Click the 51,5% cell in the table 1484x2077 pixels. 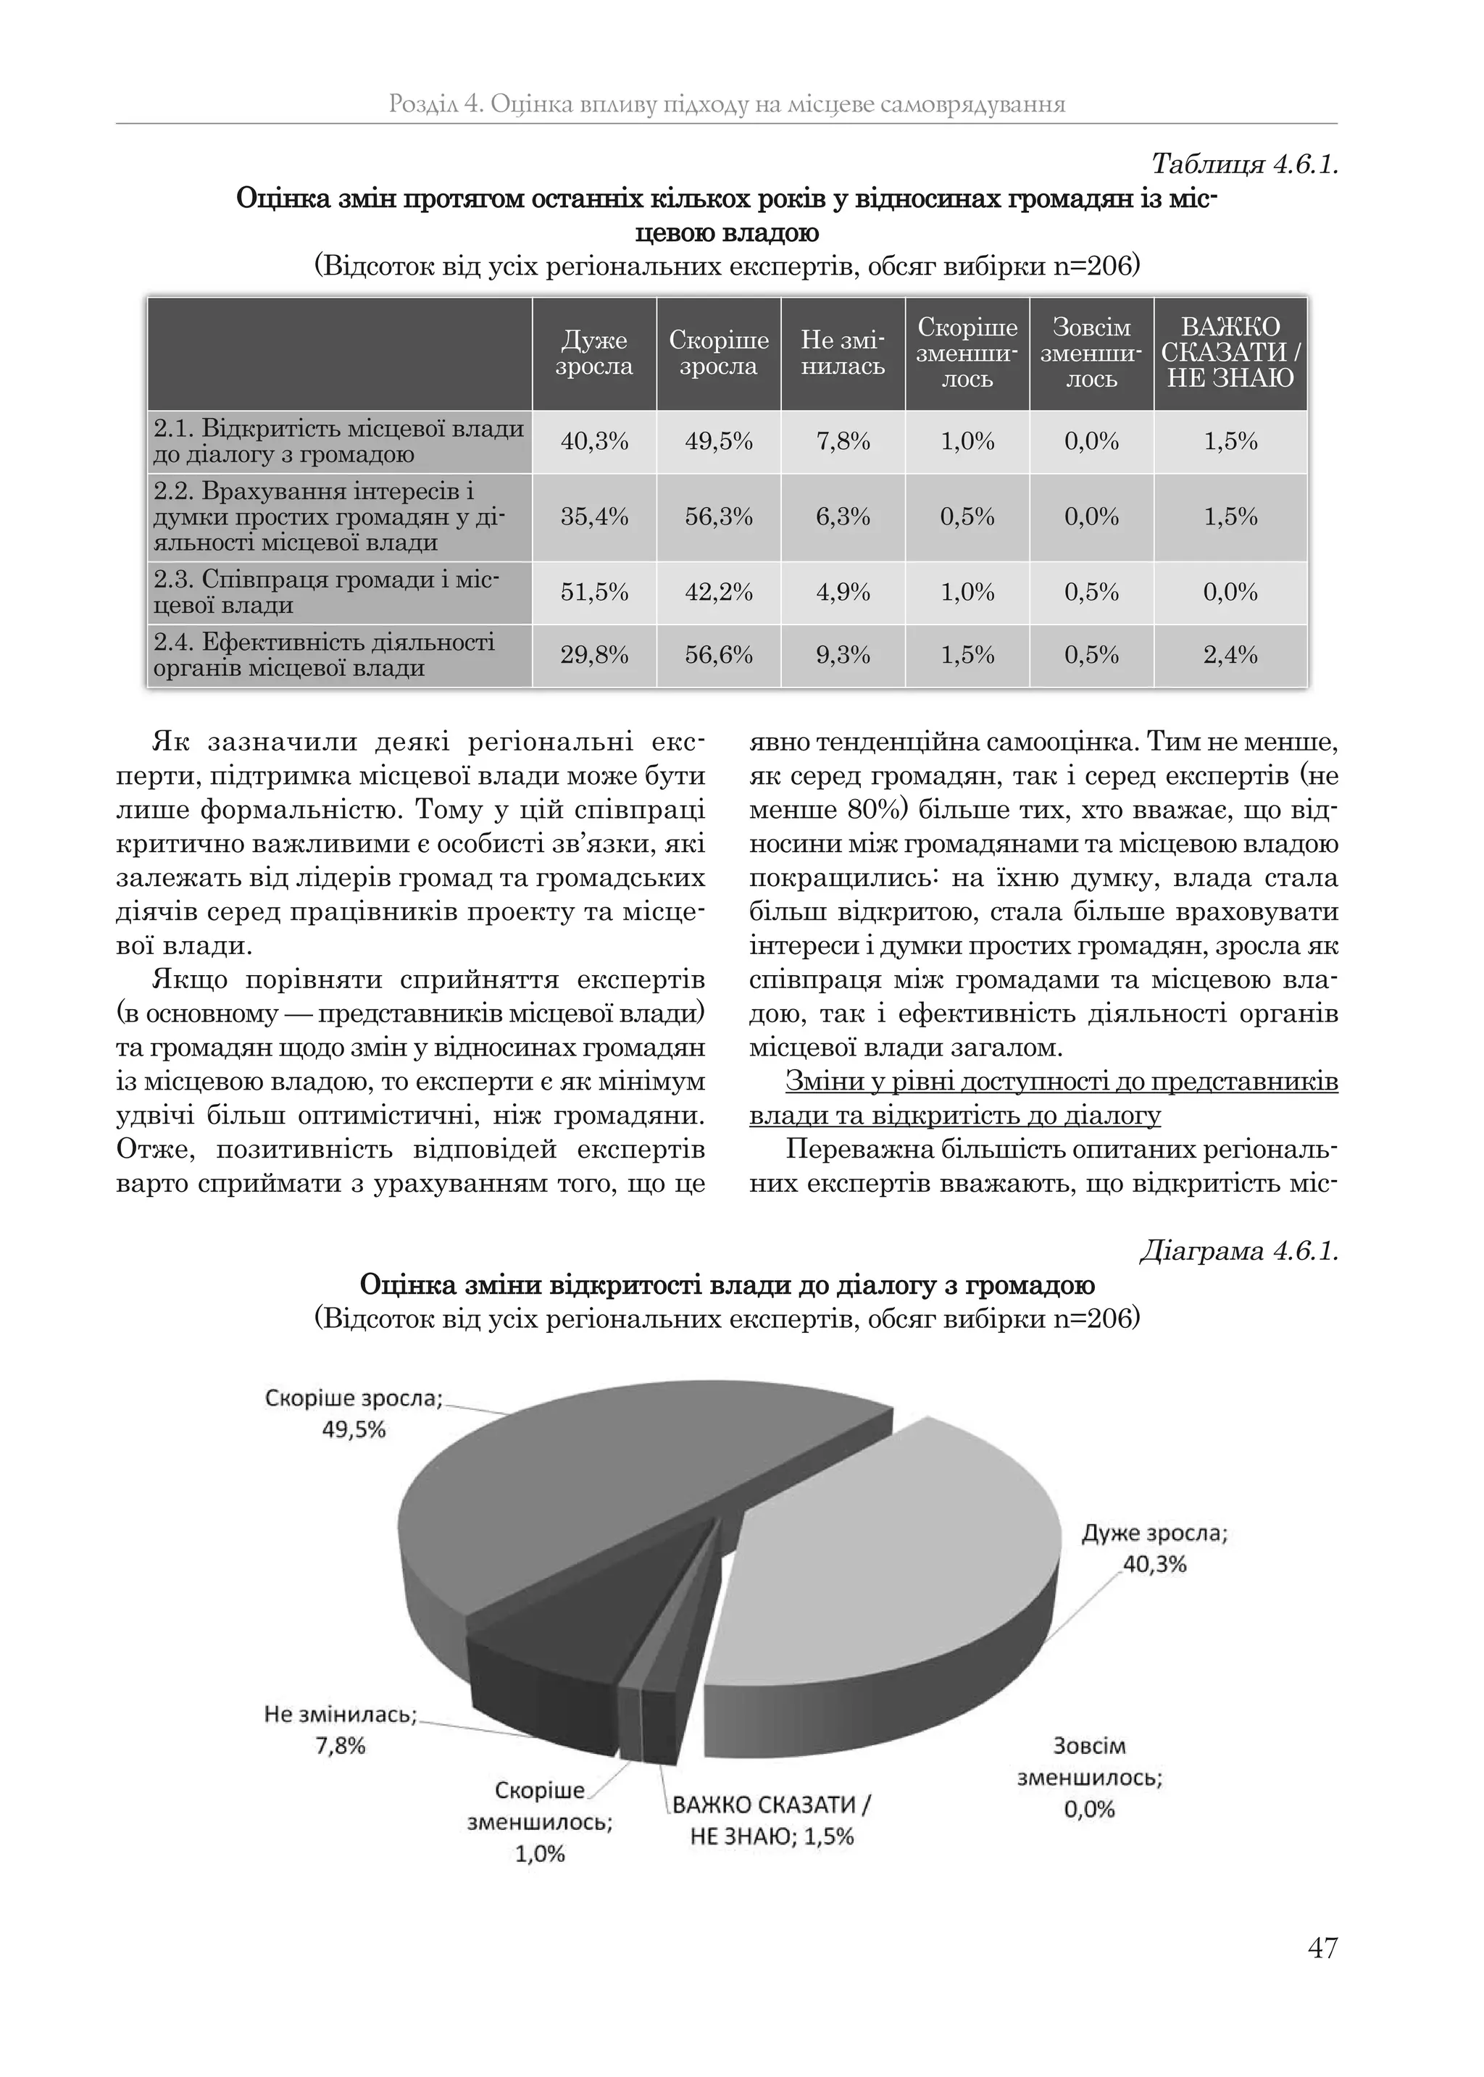tap(594, 592)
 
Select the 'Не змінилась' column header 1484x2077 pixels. tap(843, 354)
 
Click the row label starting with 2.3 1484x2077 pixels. tap(338, 592)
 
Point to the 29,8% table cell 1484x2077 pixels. tap(594, 655)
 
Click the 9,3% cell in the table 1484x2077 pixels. tap(843, 655)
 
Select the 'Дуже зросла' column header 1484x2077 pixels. tap(594, 354)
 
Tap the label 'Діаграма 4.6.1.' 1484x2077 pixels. tap(1238, 1250)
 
